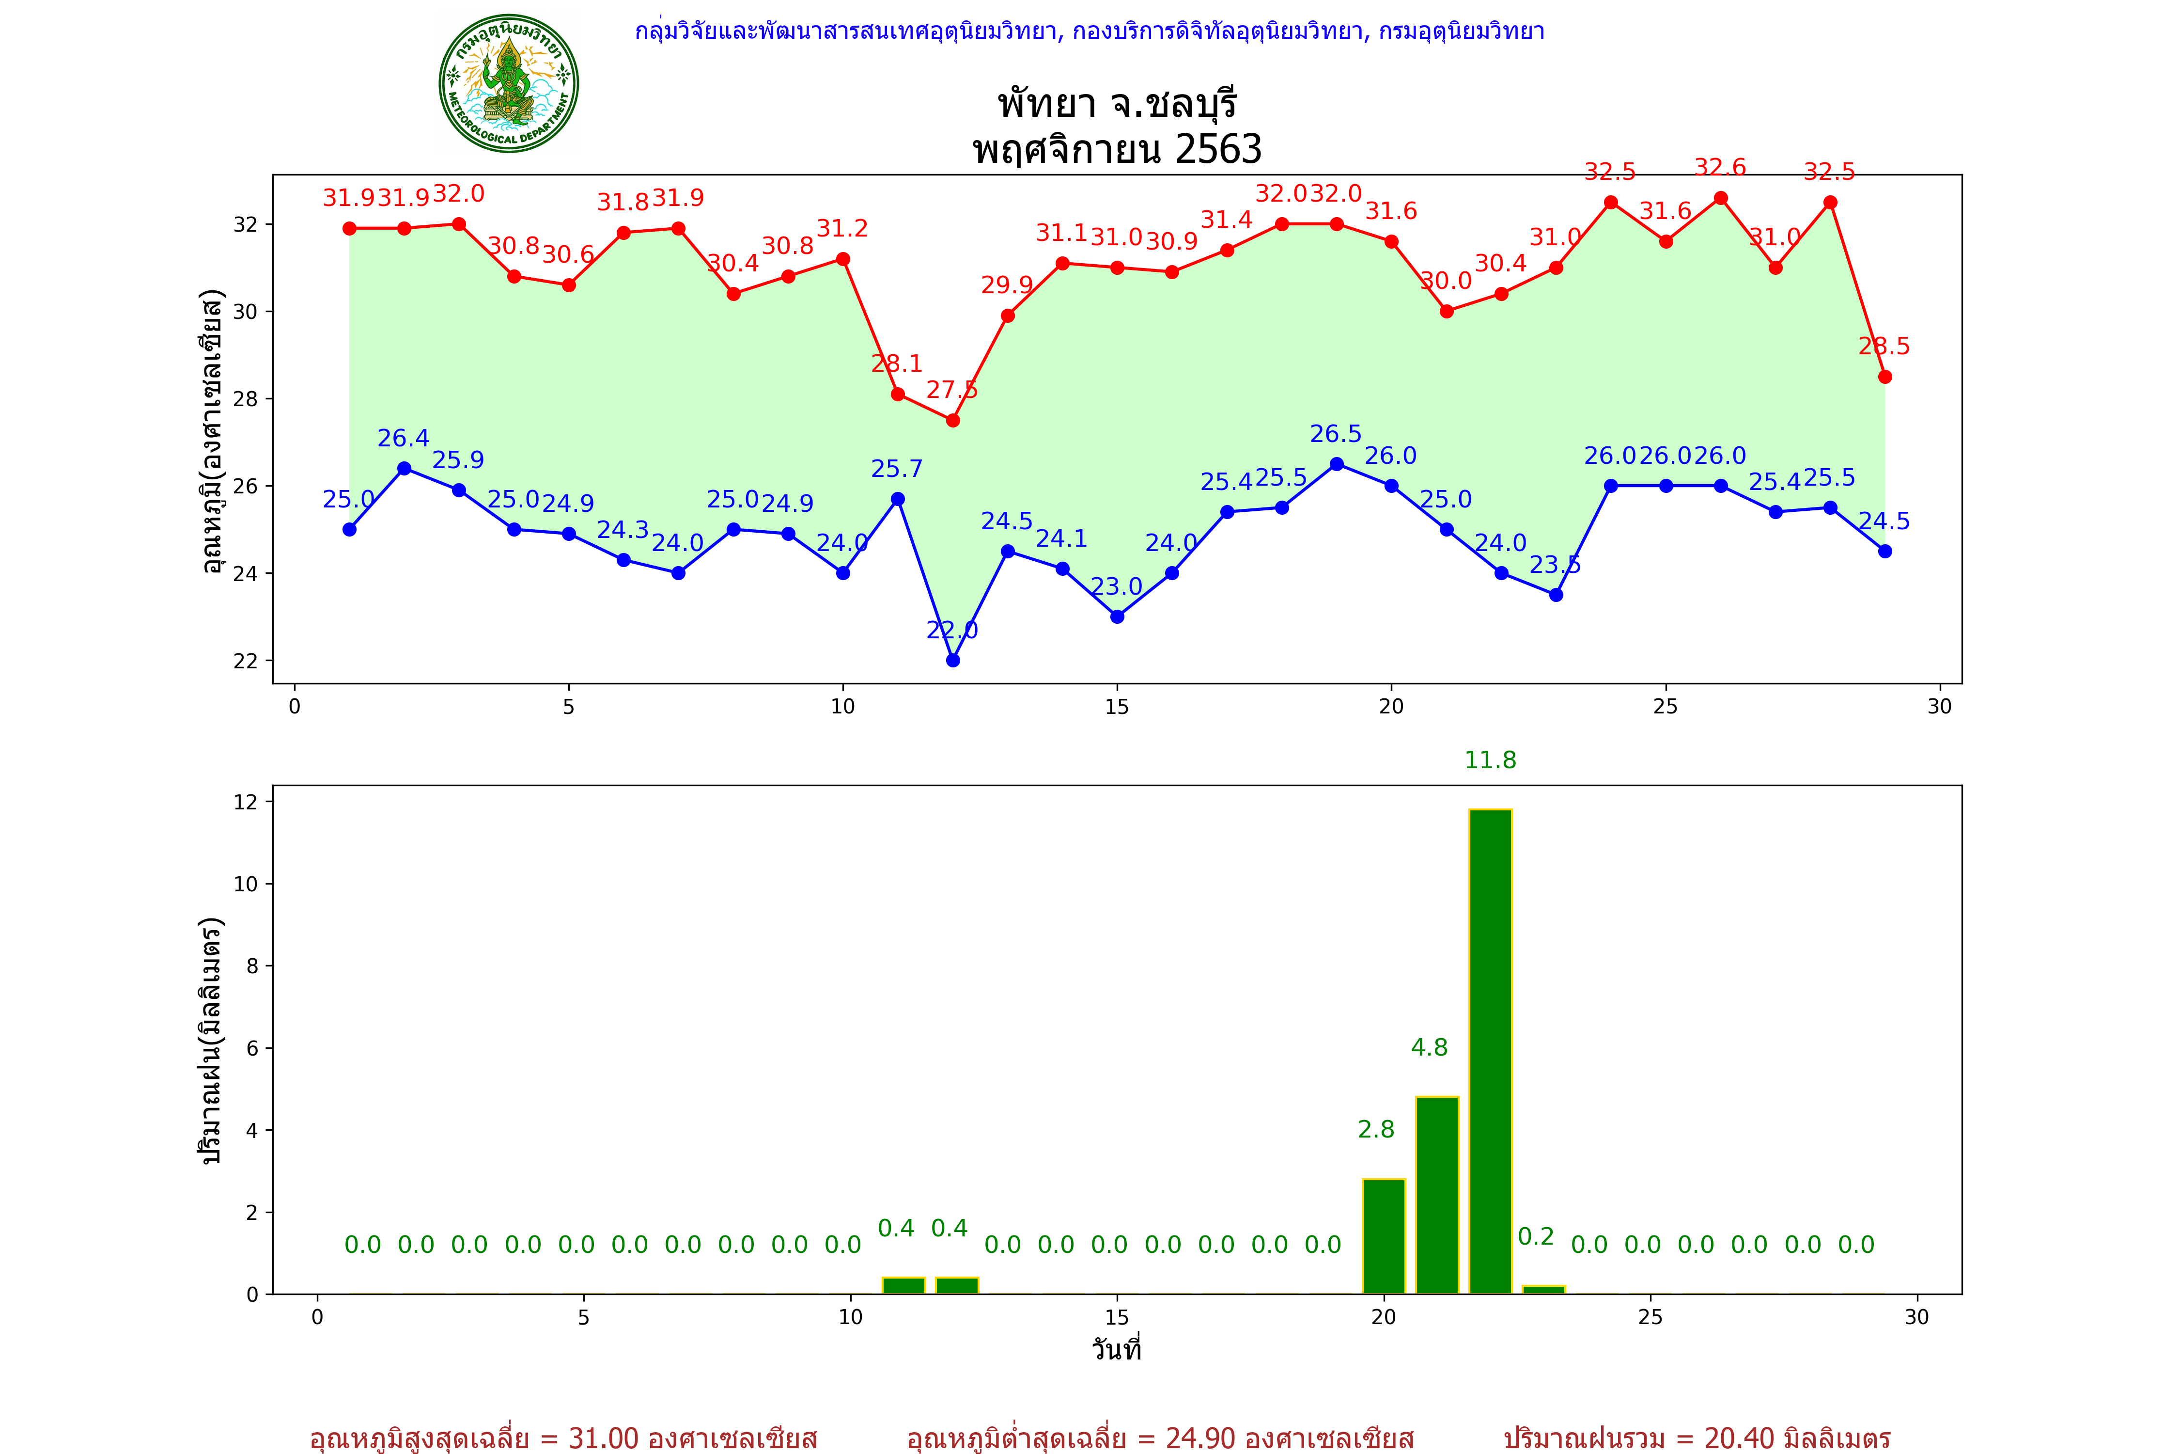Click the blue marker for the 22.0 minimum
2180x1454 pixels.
click(x=953, y=660)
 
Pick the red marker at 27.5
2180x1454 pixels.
click(x=953, y=420)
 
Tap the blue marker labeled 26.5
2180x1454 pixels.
click(x=1337, y=464)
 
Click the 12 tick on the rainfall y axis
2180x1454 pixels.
click(x=246, y=801)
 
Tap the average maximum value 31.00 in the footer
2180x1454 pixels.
click(x=604, y=1438)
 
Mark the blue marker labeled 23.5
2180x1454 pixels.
click(x=1556, y=594)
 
